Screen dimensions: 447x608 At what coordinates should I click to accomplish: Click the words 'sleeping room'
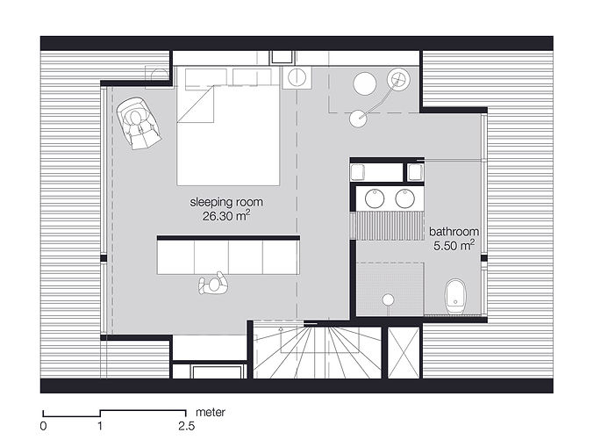226,202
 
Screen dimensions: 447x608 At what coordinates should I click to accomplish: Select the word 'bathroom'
453,232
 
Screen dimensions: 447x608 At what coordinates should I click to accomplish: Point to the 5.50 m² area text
454,247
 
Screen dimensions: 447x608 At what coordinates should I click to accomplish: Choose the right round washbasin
405,198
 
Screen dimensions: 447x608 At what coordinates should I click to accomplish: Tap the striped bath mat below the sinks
388,224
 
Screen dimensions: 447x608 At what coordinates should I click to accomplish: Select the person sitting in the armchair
139,123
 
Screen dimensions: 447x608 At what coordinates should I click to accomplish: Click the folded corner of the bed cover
198,107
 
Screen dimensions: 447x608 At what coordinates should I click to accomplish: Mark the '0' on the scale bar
43,426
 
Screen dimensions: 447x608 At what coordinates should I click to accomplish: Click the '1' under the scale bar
101,426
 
